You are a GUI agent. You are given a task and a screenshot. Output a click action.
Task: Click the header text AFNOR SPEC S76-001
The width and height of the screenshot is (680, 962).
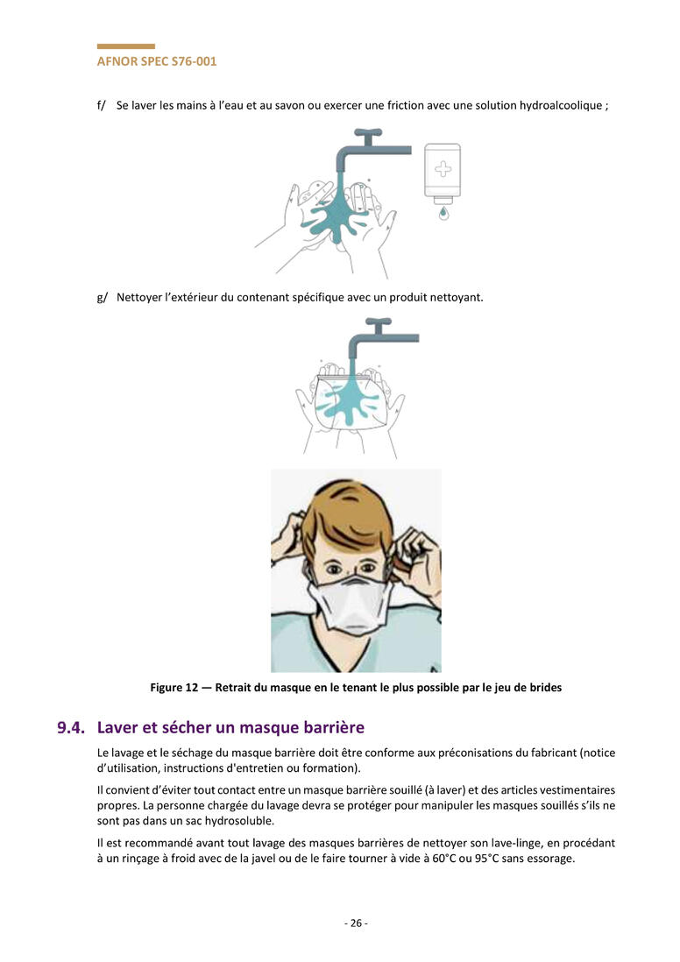[157, 61]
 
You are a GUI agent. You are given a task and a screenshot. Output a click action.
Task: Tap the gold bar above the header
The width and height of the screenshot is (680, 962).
[126, 46]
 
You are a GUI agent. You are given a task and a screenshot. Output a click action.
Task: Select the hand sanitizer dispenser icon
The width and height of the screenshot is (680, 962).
[443, 175]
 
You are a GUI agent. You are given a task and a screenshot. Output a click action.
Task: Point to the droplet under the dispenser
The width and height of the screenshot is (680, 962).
[443, 213]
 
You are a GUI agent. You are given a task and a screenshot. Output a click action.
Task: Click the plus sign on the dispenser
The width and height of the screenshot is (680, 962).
[443, 169]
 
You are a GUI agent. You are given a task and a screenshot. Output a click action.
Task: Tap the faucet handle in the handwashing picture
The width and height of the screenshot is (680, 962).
[368, 132]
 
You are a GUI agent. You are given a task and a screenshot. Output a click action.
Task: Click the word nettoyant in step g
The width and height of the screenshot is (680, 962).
[460, 298]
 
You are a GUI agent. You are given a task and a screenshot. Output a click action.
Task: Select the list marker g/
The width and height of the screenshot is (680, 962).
[102, 298]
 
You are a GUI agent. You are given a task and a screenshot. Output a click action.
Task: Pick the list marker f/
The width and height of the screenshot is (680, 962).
[102, 105]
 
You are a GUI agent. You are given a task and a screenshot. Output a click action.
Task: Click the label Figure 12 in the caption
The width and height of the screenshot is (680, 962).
[174, 688]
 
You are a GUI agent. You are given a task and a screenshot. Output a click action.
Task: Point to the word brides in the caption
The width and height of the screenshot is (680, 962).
[546, 688]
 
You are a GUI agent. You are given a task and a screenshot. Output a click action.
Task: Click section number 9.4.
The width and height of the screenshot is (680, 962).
[71, 728]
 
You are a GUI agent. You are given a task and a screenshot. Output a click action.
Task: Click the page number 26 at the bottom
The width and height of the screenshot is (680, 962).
[356, 923]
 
